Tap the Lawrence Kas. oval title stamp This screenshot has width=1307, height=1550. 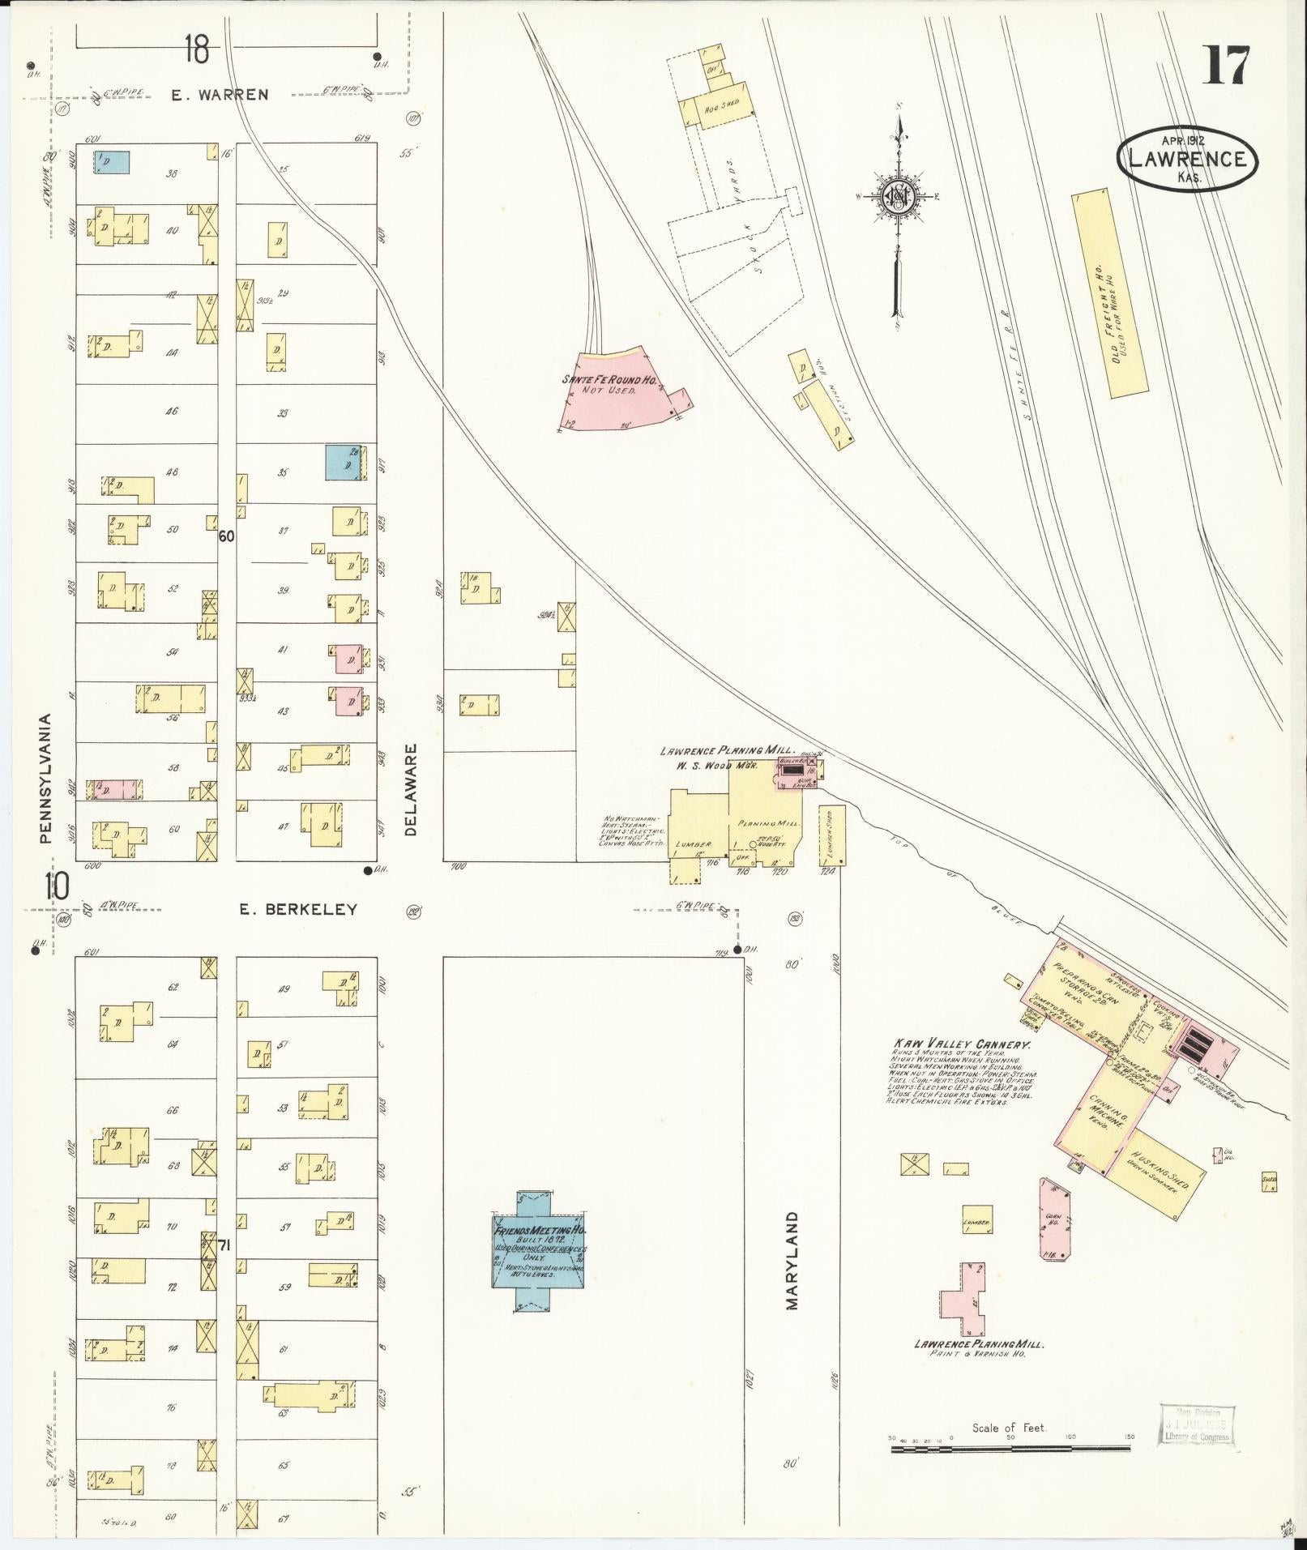(x=1187, y=160)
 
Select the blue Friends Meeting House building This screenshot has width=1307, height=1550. (x=540, y=1264)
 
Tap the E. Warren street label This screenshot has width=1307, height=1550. (x=220, y=95)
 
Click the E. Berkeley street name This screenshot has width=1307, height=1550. (x=298, y=910)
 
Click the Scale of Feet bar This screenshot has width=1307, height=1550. (x=1013, y=1448)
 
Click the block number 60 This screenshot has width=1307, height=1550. (x=226, y=536)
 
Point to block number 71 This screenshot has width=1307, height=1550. (x=224, y=1246)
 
